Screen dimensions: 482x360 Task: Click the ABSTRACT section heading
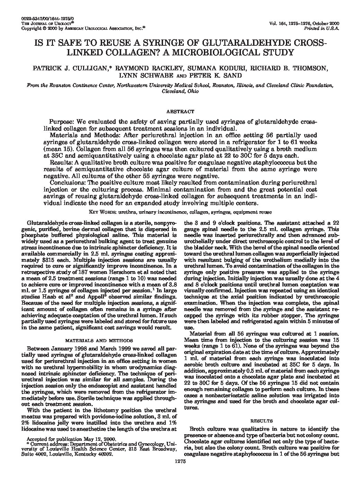[180, 111]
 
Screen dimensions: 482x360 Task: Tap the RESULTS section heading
[261, 421]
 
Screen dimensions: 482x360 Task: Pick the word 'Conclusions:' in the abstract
[66, 183]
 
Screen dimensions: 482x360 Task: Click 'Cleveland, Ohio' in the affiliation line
[180, 91]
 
